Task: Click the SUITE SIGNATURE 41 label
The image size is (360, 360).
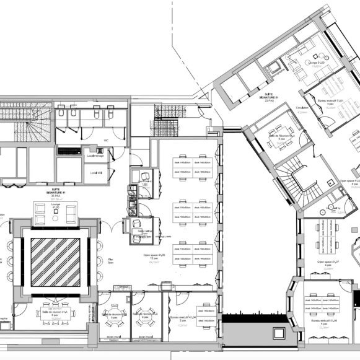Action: click(59, 191)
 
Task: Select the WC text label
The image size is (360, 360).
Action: click(106, 140)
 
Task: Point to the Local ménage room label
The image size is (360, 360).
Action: click(96, 147)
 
